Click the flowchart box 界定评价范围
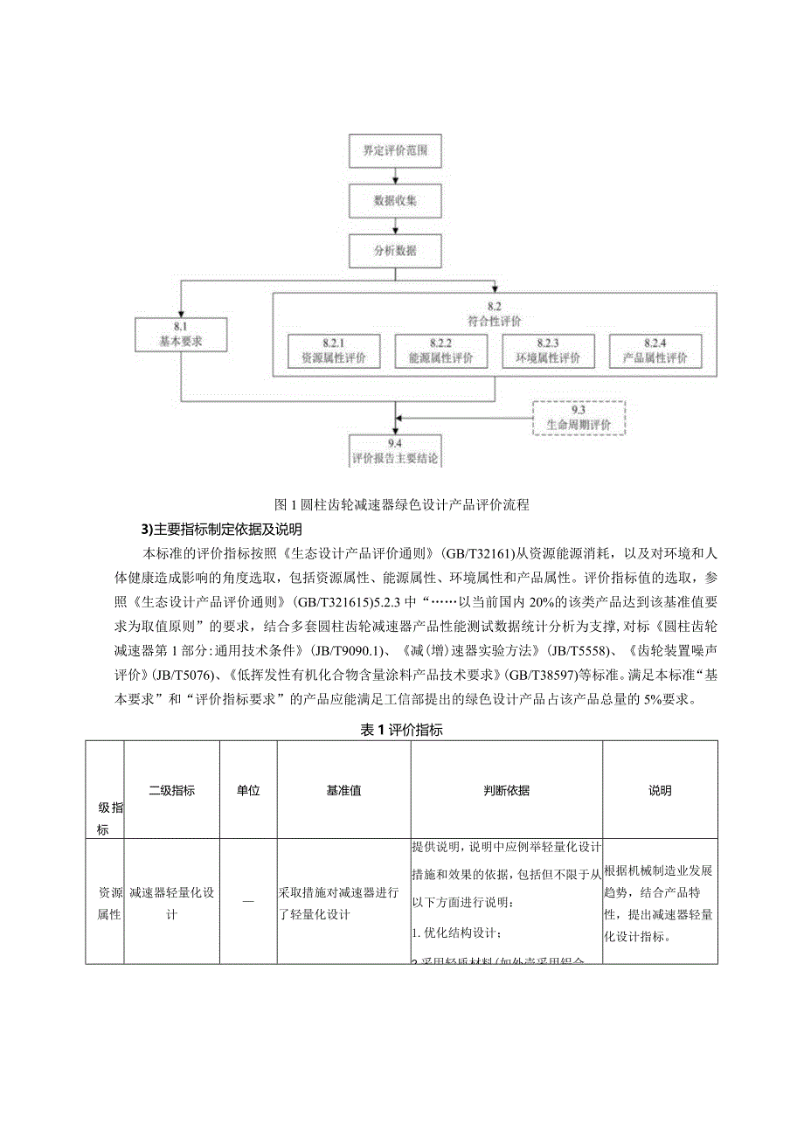tap(395, 150)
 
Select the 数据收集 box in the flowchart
tap(395, 200)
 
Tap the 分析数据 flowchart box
tap(395, 250)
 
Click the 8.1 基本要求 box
tap(181, 335)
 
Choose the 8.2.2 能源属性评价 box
tap(440, 350)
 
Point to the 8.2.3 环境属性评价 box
tap(547, 350)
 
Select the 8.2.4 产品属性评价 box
tap(654, 350)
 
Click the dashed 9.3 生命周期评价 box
tap(579, 418)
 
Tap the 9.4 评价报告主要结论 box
tap(395, 451)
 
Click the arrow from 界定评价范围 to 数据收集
tap(395, 176)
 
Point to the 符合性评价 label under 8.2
tap(495, 320)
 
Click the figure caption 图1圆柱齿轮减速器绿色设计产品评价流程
tap(401, 504)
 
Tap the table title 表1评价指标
tap(402, 731)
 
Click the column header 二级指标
tap(171, 791)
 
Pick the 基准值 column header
tap(343, 791)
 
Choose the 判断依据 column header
tap(506, 791)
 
